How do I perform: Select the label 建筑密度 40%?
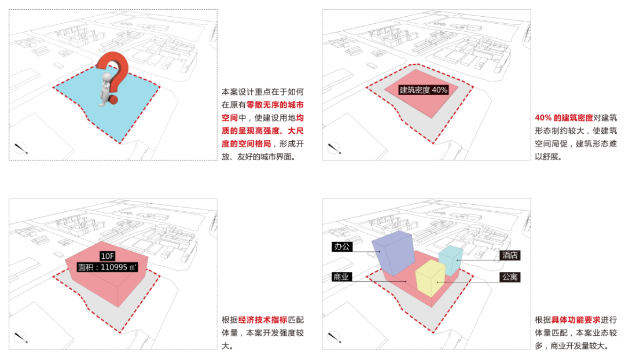click(424, 90)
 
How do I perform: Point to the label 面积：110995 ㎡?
click(108, 267)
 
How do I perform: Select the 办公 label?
click(341, 247)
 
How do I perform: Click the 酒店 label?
click(510, 255)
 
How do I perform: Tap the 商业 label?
click(341, 277)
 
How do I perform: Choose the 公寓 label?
click(510, 277)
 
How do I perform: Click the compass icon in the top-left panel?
click(21, 148)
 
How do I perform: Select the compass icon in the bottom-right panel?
click(334, 337)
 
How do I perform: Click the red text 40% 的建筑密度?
click(564, 117)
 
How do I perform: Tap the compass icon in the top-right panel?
click(334, 148)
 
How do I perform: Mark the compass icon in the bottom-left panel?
click(21, 337)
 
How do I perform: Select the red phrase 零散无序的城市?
click(275, 105)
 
